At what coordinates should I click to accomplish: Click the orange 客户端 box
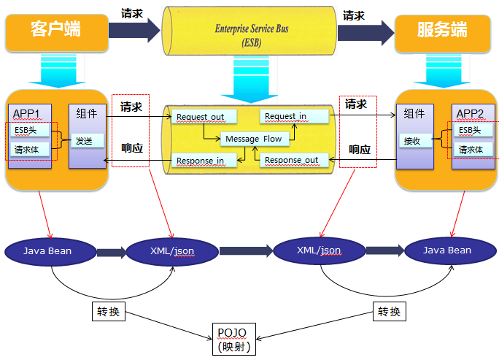tap(55, 30)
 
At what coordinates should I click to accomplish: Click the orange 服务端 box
tap(442, 30)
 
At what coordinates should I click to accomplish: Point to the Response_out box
tap(291, 160)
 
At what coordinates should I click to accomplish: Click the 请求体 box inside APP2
tap(471, 150)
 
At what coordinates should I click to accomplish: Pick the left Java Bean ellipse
tap(49, 250)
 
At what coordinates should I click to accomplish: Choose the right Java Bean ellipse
tap(448, 250)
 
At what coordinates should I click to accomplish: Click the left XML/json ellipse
tap(172, 250)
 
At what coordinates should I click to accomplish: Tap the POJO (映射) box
tap(234, 340)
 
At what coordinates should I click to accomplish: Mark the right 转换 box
tap(389, 312)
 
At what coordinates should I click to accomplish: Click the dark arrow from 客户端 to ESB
tap(133, 30)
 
